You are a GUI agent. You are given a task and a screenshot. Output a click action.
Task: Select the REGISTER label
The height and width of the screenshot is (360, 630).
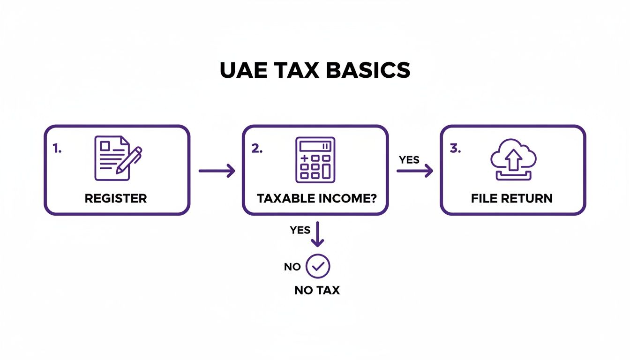pos(116,198)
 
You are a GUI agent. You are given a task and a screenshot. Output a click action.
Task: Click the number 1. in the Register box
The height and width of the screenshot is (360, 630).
pos(57,149)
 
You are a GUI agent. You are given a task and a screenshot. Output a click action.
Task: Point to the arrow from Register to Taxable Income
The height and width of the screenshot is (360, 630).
pos(217,171)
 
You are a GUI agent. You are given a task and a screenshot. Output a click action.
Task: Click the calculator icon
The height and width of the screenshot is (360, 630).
pos(315,159)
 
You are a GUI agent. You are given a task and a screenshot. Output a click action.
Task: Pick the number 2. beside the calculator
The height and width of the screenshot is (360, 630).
pos(257,149)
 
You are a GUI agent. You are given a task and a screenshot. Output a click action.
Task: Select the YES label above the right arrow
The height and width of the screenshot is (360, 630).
pos(409,160)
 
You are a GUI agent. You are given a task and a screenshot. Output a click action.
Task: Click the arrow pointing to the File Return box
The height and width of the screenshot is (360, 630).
pos(415,171)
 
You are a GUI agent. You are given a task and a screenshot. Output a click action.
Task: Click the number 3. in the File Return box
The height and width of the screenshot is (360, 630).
pos(455,149)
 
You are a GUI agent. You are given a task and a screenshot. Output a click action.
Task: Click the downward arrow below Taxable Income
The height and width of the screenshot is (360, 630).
pos(318,234)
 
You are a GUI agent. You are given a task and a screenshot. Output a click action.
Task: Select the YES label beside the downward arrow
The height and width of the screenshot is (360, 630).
pos(300,230)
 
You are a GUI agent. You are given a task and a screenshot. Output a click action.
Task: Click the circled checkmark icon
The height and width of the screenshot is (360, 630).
pos(318,267)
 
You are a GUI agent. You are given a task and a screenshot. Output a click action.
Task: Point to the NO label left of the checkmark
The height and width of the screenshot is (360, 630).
pos(292,267)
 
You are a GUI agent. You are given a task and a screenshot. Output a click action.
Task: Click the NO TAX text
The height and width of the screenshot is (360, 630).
pos(317,291)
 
